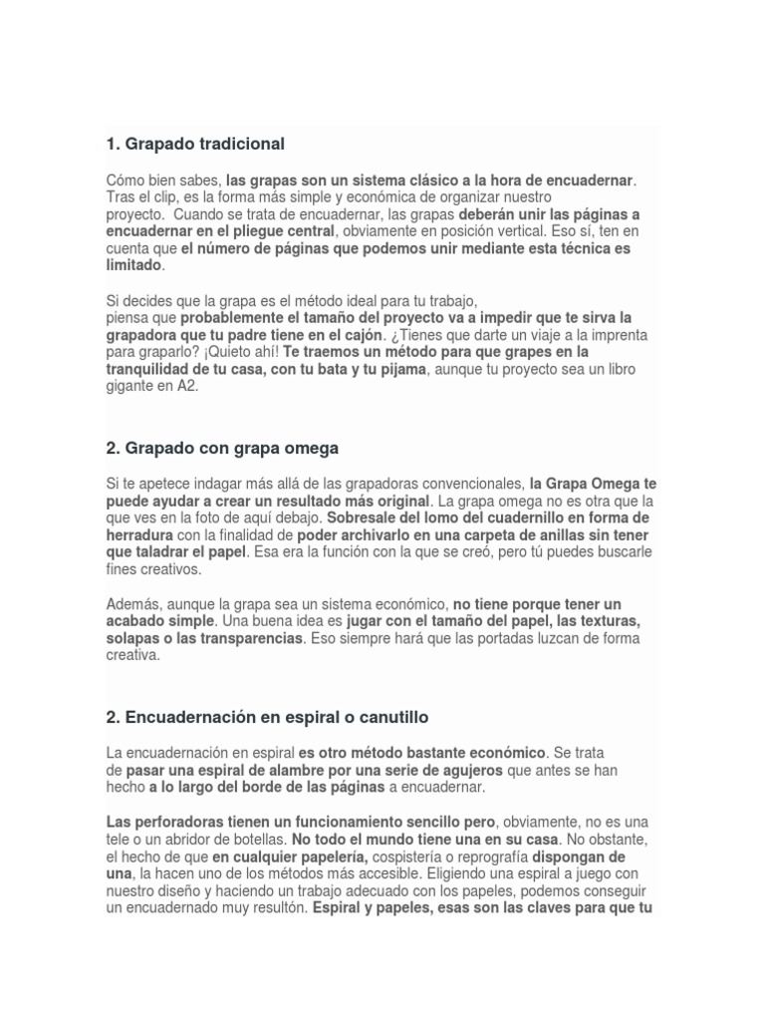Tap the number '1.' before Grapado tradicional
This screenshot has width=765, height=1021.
click(113, 144)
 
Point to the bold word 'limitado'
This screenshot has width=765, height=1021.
click(132, 265)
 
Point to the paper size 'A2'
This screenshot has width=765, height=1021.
click(187, 386)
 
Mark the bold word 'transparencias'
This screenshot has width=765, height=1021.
click(254, 638)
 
